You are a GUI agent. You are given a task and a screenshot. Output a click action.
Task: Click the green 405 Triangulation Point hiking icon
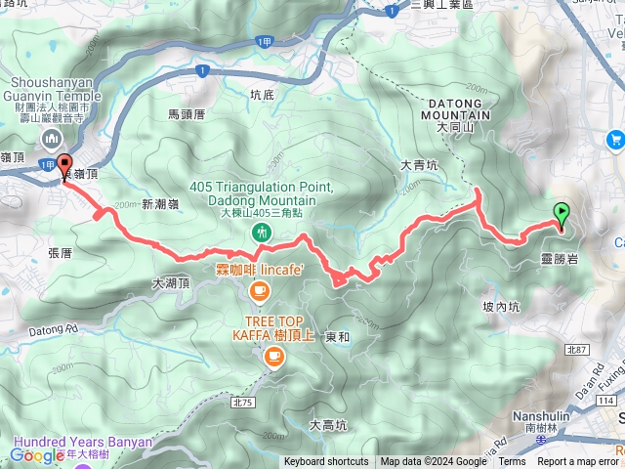click(261, 233)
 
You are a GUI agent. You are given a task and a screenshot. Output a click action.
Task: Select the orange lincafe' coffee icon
click(259, 289)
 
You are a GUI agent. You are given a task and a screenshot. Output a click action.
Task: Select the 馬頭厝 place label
click(187, 114)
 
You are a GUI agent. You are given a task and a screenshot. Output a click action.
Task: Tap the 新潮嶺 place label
click(161, 203)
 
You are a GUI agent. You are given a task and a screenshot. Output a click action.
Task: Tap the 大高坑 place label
click(328, 424)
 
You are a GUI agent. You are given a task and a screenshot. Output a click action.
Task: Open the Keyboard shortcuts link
click(326, 462)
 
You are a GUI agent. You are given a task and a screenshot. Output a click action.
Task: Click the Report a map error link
click(578, 462)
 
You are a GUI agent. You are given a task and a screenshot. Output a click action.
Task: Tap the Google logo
click(37, 454)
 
